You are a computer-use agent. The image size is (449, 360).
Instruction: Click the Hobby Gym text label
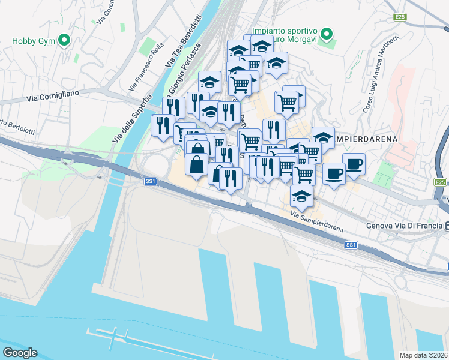tap(34, 41)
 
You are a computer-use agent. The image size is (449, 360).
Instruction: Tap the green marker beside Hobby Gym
tap(64, 41)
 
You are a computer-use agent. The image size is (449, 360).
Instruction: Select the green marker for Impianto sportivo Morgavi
tap(327, 34)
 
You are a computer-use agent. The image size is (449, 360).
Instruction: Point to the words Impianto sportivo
tap(285, 31)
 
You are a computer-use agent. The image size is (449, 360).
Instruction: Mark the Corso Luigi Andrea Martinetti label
tap(381, 73)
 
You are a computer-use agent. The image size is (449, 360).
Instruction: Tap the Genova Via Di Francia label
tap(404, 226)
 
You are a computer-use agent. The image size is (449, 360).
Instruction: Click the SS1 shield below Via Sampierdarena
tap(351, 245)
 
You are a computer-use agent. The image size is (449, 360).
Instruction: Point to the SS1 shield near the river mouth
tap(150, 181)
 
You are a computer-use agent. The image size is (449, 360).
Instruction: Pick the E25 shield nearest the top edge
tap(400, 17)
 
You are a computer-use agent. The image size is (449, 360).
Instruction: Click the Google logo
tap(20, 352)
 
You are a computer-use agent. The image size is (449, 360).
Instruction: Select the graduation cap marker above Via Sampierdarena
tap(301, 195)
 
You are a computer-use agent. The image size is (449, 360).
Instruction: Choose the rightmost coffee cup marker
tap(354, 163)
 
